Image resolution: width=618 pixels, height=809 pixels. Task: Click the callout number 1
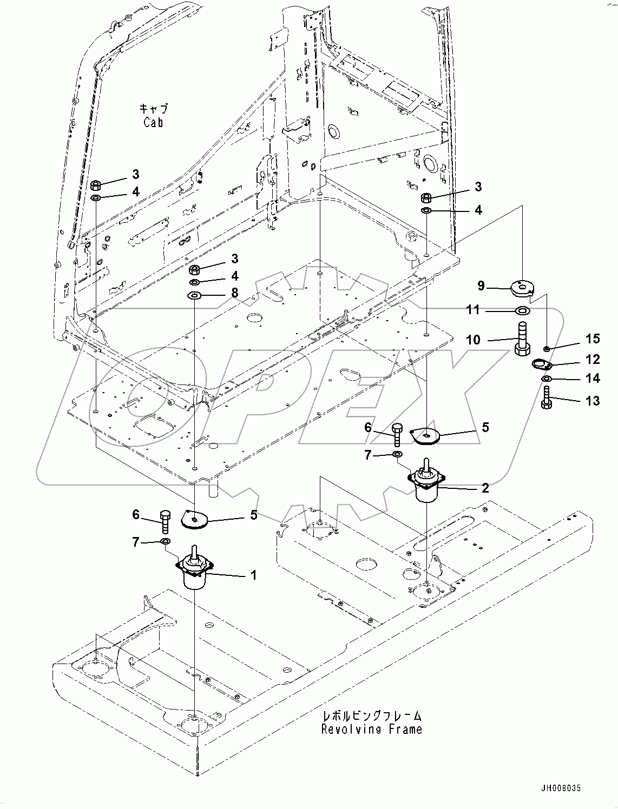[x=253, y=575]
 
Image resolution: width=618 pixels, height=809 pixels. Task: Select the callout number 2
[x=485, y=488]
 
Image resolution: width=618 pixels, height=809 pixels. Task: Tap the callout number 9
[x=481, y=286]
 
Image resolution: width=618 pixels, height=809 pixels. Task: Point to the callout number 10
[x=473, y=340]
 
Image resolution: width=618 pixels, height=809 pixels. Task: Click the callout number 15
[x=593, y=339]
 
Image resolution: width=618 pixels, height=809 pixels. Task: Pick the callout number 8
[x=234, y=293]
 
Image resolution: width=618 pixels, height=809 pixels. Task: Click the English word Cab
[x=154, y=122]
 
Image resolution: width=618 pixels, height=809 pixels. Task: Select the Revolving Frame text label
[x=371, y=729]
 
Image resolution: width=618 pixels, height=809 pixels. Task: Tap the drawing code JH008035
[x=560, y=789]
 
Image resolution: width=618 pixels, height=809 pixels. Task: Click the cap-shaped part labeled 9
[x=521, y=287]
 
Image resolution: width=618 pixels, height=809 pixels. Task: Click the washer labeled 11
[x=523, y=311]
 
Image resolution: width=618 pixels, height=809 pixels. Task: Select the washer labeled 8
[x=194, y=295]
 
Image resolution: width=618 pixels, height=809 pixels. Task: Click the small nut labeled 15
[x=547, y=347]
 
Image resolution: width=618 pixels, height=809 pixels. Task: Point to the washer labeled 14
[x=546, y=379]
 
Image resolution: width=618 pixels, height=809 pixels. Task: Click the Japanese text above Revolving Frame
[x=371, y=716]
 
